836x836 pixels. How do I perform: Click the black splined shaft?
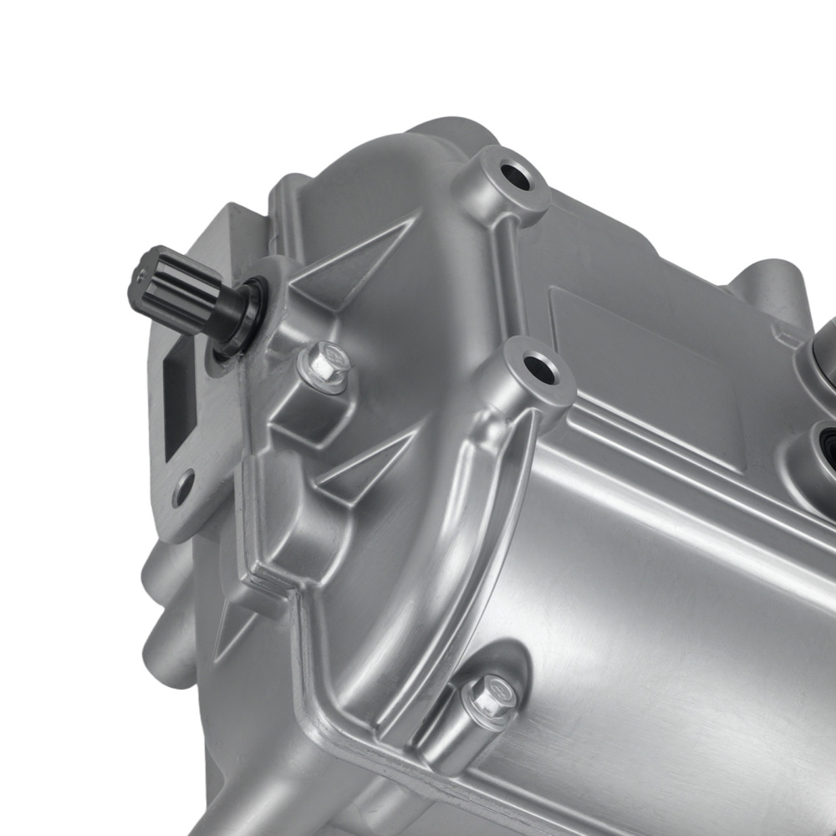(180, 297)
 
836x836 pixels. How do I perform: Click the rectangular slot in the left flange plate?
(180, 401)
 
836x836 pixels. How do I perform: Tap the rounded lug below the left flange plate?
(159, 577)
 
